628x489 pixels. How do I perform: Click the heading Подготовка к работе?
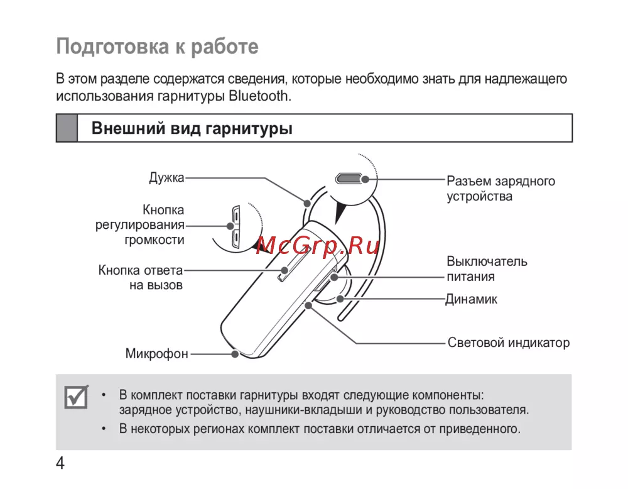point(158,47)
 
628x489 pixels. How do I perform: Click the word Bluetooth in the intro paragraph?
point(261,96)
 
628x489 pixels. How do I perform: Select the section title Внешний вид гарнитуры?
point(192,129)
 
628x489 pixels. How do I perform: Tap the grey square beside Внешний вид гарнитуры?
point(67,128)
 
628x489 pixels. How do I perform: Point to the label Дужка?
point(166,178)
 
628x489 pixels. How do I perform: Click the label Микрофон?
point(156,354)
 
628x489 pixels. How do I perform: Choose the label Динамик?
point(471,299)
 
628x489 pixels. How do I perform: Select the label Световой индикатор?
point(509,343)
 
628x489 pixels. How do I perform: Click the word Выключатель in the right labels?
point(487,261)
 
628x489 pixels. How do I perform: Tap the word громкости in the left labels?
point(154,240)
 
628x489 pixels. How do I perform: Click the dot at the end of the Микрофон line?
point(234,354)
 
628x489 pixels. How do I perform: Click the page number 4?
point(60,464)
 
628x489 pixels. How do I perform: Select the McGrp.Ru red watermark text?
point(310,246)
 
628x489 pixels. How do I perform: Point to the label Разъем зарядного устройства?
point(501,189)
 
